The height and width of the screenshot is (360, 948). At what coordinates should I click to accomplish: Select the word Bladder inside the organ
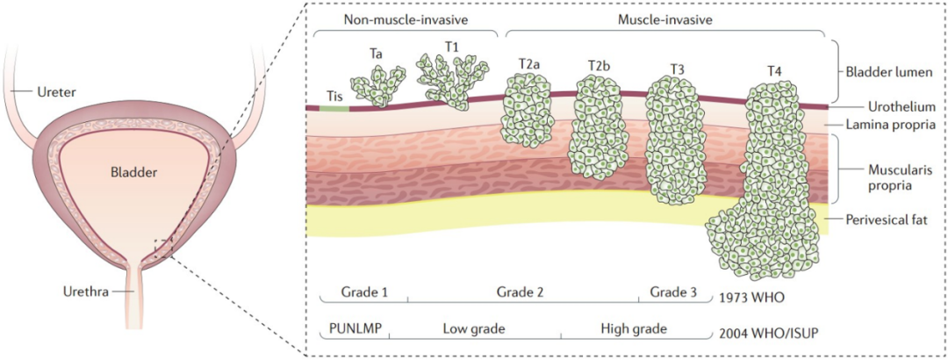coord(134,173)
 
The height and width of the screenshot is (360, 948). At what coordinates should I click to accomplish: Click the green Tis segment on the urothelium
coord(334,108)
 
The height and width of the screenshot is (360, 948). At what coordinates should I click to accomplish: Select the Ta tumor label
coord(376,54)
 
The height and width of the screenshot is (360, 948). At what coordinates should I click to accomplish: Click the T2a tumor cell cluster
coord(526,109)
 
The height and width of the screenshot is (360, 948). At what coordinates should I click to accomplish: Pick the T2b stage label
coord(601,66)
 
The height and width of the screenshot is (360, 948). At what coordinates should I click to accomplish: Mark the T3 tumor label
coord(678,68)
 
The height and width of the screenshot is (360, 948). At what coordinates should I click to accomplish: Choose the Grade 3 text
coord(672,291)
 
